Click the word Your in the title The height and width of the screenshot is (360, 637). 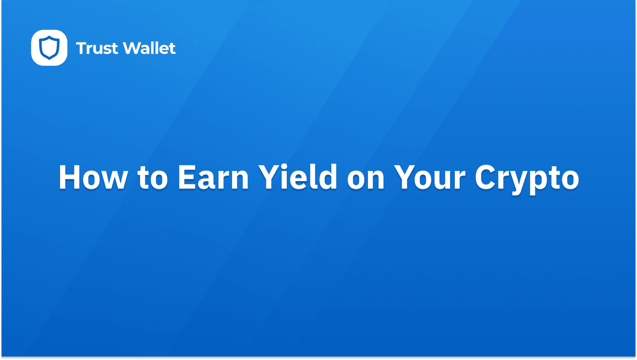(x=429, y=177)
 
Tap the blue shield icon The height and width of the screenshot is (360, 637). (x=49, y=48)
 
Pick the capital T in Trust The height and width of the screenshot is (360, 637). (x=82, y=49)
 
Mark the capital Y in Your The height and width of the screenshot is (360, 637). (x=402, y=177)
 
